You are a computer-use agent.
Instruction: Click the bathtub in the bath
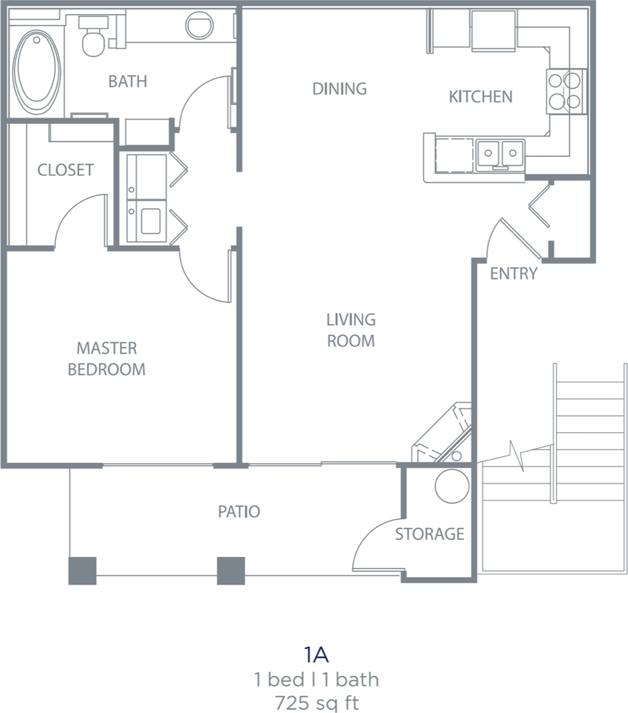pyautogui.click(x=37, y=71)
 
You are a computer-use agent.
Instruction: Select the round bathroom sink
pyautogui.click(x=199, y=26)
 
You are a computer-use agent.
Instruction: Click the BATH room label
pyautogui.click(x=128, y=81)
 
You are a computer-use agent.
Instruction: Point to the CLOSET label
pyautogui.click(x=65, y=170)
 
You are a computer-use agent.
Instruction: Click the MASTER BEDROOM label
pyautogui.click(x=106, y=359)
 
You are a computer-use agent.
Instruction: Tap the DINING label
pyautogui.click(x=340, y=89)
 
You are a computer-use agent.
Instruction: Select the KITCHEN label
pyautogui.click(x=480, y=97)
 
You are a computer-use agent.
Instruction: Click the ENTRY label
pyautogui.click(x=514, y=274)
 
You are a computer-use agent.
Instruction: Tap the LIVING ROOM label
pyautogui.click(x=351, y=331)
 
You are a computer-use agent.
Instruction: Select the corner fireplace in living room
pyautogui.click(x=443, y=436)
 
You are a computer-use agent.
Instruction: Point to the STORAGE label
pyautogui.click(x=430, y=534)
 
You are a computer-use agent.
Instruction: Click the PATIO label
pyautogui.click(x=239, y=512)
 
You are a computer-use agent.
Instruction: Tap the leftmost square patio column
pyautogui.click(x=82, y=570)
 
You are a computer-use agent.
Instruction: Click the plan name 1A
pyautogui.click(x=316, y=655)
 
